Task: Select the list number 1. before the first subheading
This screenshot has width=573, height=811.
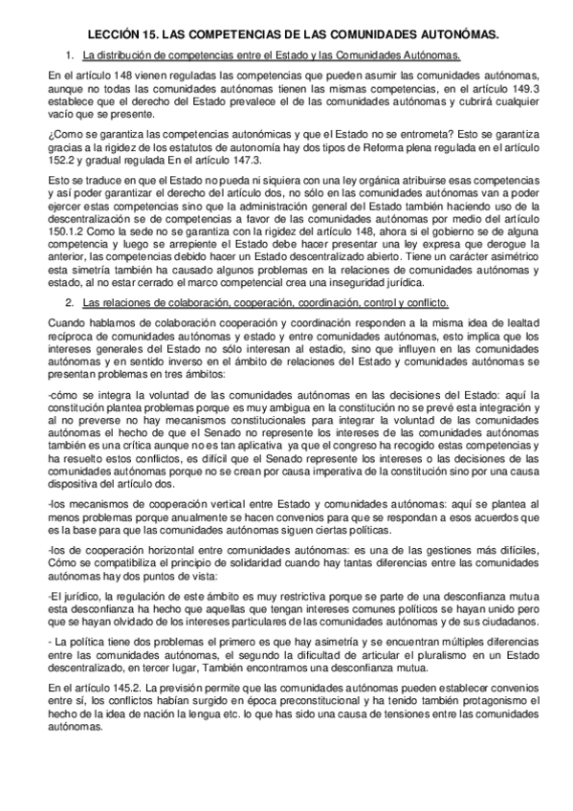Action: pos(70,55)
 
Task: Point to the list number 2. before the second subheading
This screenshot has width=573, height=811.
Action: pos(70,303)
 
